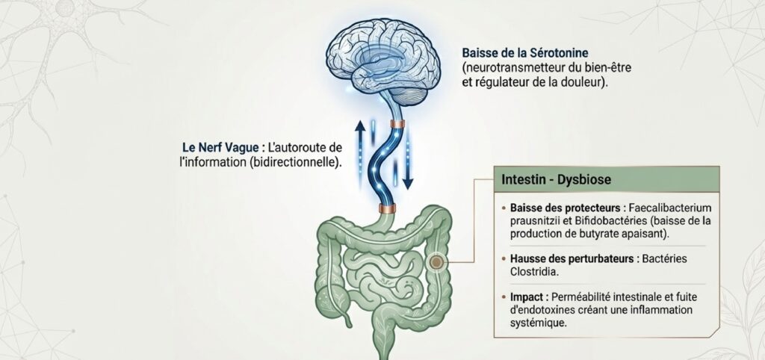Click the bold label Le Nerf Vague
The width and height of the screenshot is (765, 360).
pyautogui.click(x=217, y=147)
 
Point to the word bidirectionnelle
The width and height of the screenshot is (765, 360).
pyautogui.click(x=294, y=162)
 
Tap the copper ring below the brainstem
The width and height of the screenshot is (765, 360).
pyautogui.click(x=397, y=124)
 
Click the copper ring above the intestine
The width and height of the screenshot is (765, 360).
pyautogui.click(x=388, y=209)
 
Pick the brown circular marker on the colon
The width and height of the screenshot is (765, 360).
pyautogui.click(x=436, y=263)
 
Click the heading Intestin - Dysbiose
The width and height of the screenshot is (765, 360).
pyautogui.click(x=556, y=179)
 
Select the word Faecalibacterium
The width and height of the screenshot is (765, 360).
pyautogui.click(x=666, y=208)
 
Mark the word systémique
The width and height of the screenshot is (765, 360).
pyautogui.click(x=538, y=323)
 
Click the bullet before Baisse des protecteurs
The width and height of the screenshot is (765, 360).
pyautogui.click(x=504, y=208)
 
